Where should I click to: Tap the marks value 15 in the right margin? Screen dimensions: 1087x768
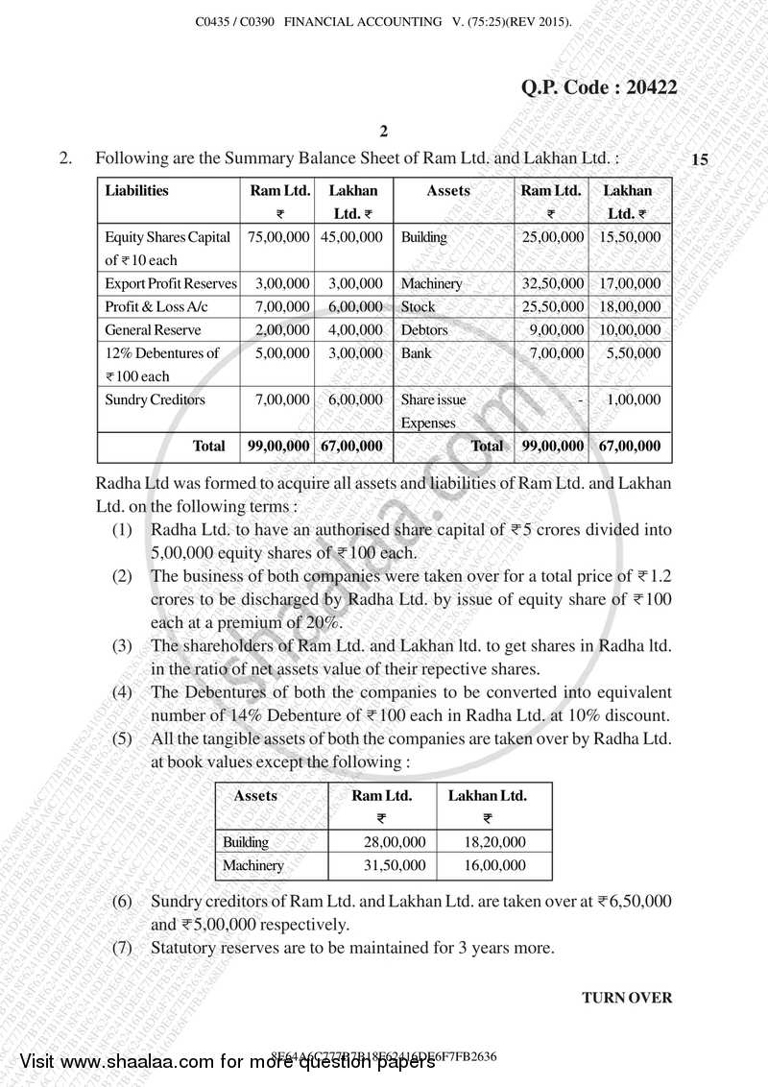click(x=699, y=160)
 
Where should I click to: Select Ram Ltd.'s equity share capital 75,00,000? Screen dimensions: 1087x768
click(x=277, y=236)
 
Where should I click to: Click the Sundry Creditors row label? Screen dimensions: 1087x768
click(x=155, y=399)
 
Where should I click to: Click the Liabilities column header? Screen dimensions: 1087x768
click(x=136, y=190)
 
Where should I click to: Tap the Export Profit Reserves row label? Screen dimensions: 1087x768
click(x=170, y=283)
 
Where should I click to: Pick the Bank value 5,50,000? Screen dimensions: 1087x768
click(x=634, y=352)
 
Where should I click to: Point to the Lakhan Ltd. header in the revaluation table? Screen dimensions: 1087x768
click(x=488, y=796)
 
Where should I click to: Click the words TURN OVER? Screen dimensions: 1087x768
click(x=627, y=998)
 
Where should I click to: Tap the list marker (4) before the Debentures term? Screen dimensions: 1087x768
click(x=122, y=692)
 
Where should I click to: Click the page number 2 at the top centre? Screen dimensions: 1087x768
click(x=383, y=132)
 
